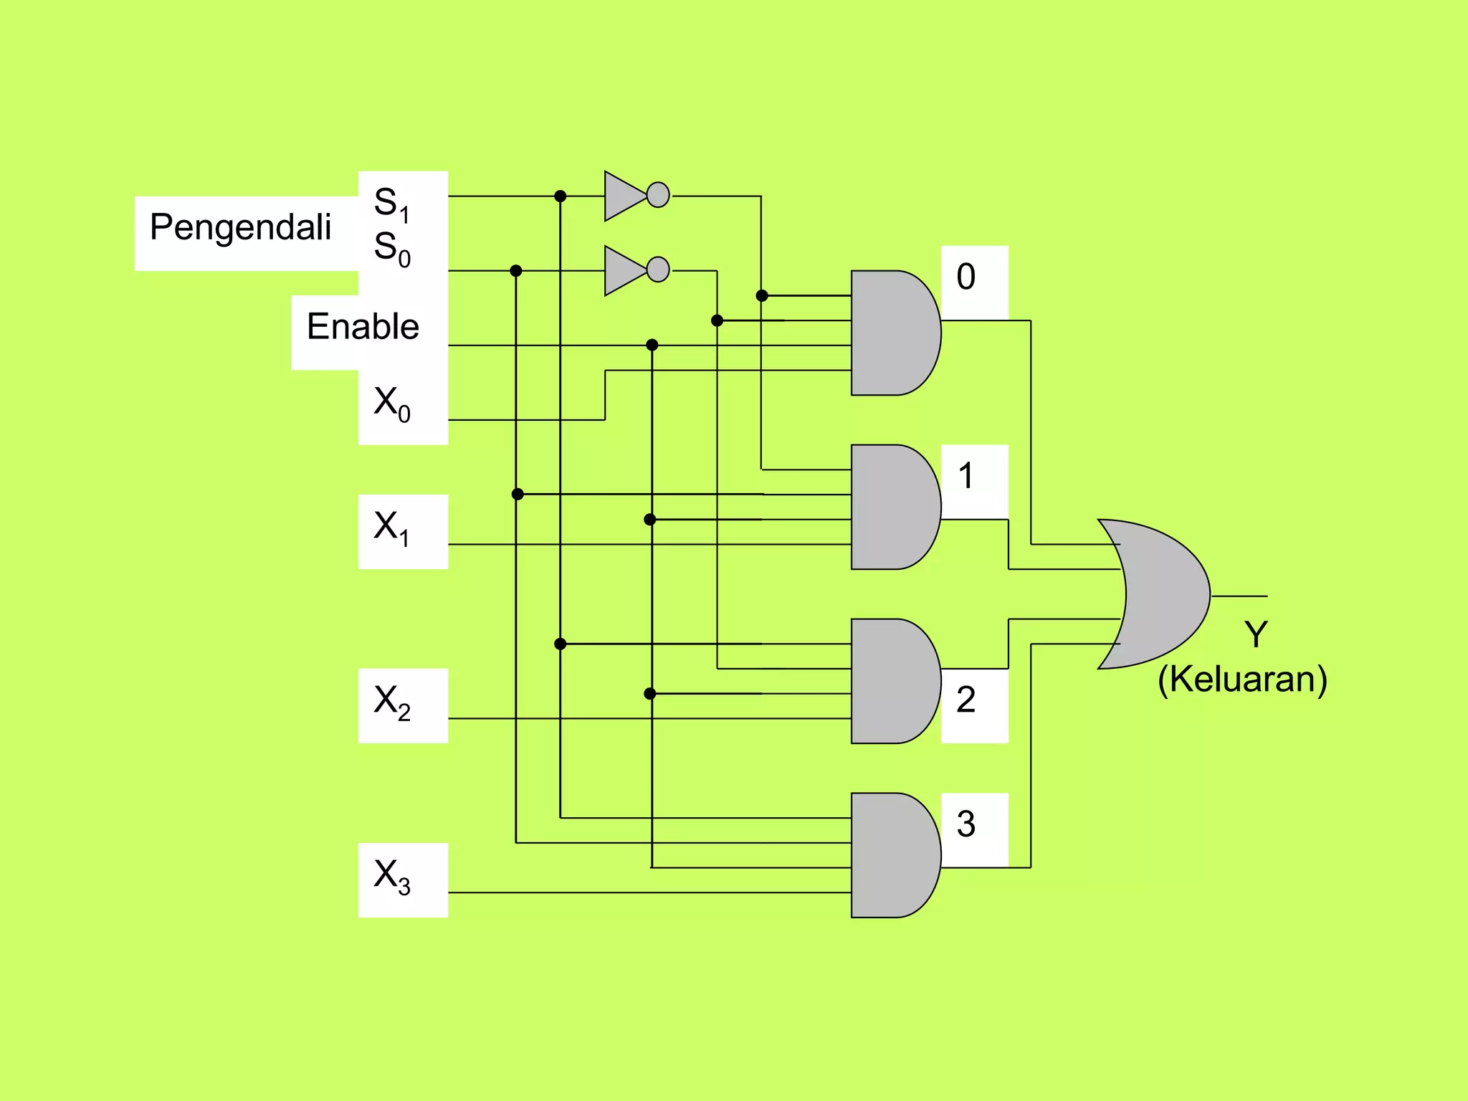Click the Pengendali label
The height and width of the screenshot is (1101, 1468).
coord(240,227)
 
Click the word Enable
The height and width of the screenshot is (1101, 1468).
coord(363,326)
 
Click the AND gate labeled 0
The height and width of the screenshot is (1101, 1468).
coord(892,333)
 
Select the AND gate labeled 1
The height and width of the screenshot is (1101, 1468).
coord(892,507)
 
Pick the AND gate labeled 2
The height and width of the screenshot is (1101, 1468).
coord(892,681)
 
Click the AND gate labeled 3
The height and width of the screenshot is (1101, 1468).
coord(892,855)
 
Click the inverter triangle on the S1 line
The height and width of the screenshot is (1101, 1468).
coord(623,196)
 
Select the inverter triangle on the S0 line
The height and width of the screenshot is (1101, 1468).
coord(623,270)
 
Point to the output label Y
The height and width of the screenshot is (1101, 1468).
coord(1256,634)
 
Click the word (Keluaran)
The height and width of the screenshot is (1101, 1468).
coord(1242,679)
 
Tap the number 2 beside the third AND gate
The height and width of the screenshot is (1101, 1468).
coord(966,700)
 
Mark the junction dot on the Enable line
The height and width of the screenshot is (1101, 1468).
coord(652,345)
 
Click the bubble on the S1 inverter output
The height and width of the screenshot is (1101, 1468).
coord(658,195)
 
